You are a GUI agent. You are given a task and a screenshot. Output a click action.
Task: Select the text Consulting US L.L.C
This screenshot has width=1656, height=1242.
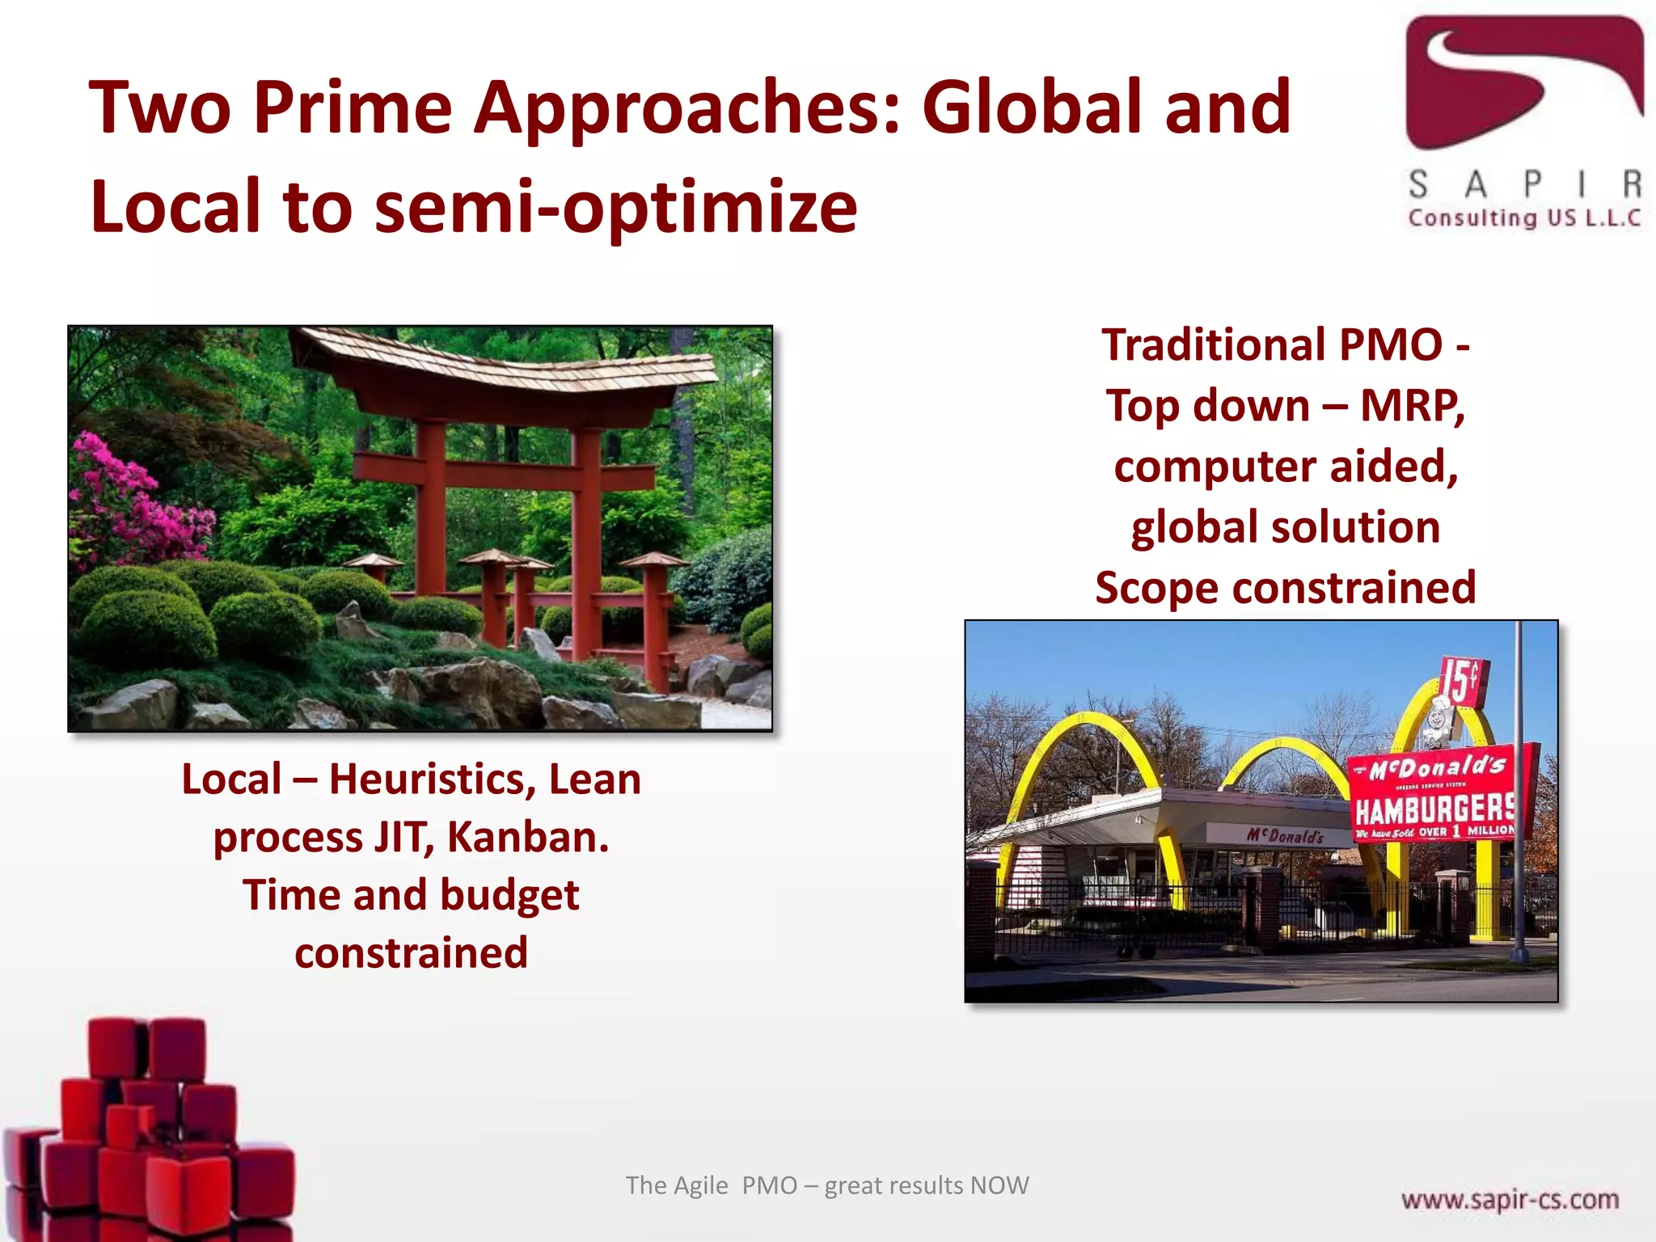pos(1523,218)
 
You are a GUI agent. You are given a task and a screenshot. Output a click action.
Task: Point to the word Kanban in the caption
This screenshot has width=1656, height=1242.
pos(527,837)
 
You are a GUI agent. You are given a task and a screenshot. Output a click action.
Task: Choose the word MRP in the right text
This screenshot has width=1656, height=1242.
pos(1412,406)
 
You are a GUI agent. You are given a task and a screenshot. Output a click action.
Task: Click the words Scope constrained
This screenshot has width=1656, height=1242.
pos(1285,588)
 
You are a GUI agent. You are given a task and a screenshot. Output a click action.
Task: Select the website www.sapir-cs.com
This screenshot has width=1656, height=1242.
pos(1510,1199)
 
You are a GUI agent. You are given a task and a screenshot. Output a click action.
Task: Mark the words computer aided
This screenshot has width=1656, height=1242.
pos(1285,467)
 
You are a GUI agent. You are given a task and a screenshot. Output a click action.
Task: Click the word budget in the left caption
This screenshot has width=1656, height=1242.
pos(509,895)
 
